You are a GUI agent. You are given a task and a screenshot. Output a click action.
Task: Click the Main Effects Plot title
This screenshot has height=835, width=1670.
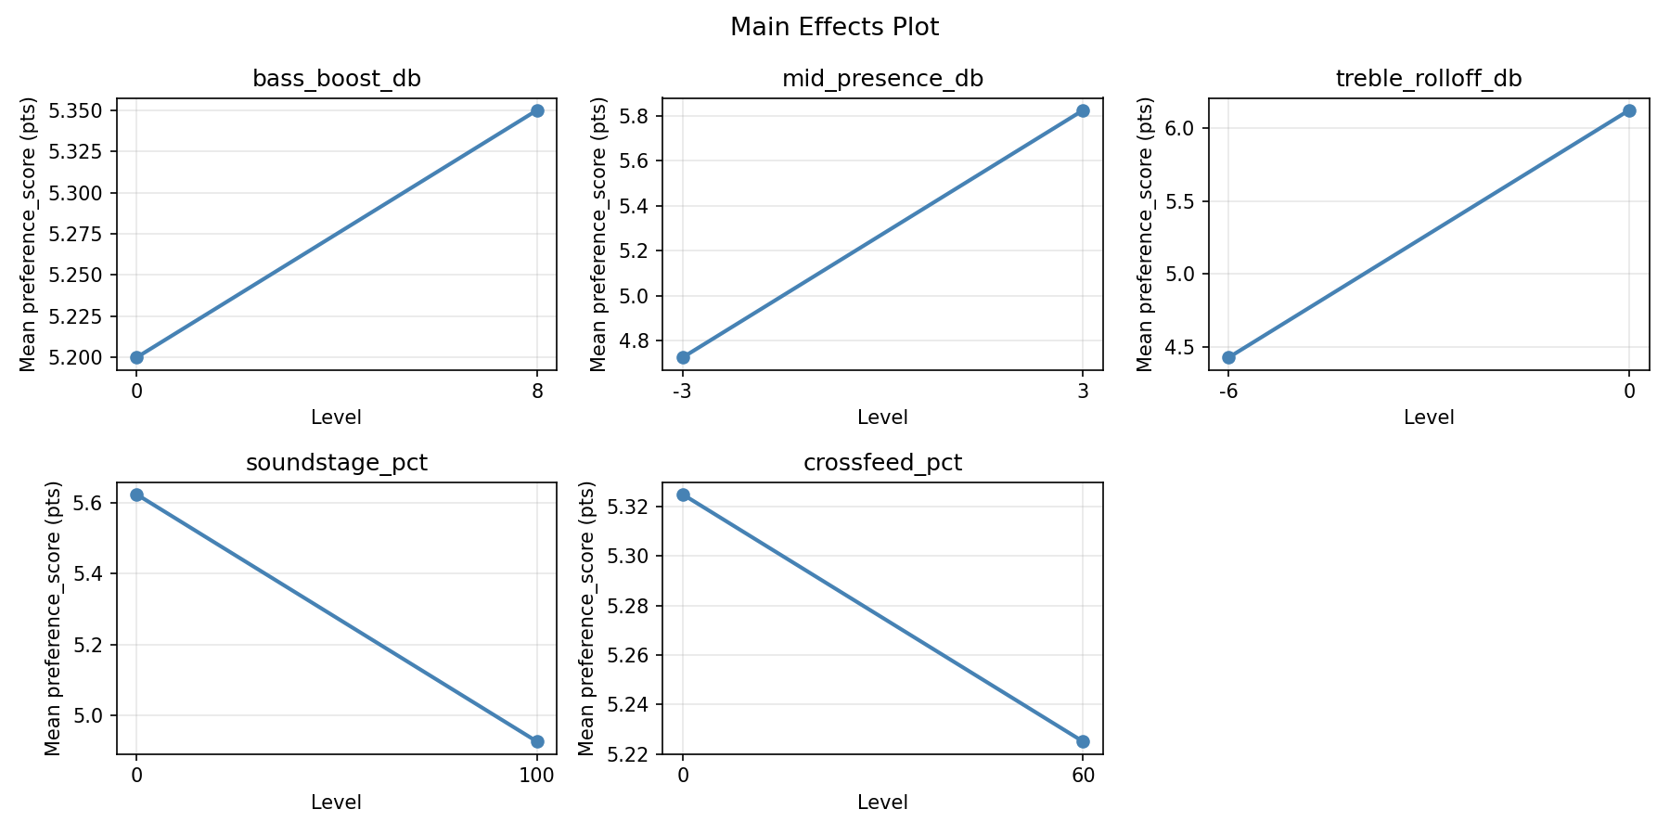tap(834, 27)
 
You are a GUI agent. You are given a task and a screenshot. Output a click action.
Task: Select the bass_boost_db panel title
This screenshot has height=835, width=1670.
tap(337, 79)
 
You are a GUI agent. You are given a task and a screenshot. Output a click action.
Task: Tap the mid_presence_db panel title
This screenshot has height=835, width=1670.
tap(882, 79)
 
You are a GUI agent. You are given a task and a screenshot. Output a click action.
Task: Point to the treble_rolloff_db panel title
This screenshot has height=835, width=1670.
tap(1429, 79)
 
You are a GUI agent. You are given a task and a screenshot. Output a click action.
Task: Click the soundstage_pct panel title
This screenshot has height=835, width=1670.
tap(337, 463)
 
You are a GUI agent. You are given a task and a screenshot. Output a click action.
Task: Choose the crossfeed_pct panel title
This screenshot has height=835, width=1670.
tap(882, 463)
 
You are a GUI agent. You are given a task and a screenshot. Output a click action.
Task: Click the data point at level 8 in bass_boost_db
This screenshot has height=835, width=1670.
tap(537, 110)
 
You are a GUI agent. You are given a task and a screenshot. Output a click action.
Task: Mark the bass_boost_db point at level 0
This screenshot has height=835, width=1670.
tap(136, 357)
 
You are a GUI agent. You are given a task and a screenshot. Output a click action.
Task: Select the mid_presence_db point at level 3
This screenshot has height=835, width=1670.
tap(1083, 110)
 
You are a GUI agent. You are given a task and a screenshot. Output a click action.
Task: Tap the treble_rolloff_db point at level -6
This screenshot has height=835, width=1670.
tap(1228, 357)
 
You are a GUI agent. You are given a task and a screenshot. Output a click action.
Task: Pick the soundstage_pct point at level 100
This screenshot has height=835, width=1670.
tap(537, 741)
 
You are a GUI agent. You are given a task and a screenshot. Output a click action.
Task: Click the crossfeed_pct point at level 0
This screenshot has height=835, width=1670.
tap(683, 495)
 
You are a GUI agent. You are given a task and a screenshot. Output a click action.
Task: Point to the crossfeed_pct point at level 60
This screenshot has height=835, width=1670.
tap(1083, 741)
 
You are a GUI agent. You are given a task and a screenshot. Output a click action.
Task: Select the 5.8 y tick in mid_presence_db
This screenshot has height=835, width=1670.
tap(638, 116)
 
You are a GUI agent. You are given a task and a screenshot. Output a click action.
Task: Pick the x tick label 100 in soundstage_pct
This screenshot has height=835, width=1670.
tap(537, 776)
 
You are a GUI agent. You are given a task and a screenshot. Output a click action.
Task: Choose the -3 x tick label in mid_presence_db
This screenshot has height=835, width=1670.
tap(682, 392)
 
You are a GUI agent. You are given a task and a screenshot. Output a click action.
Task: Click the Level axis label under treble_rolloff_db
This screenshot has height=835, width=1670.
tap(1429, 417)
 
